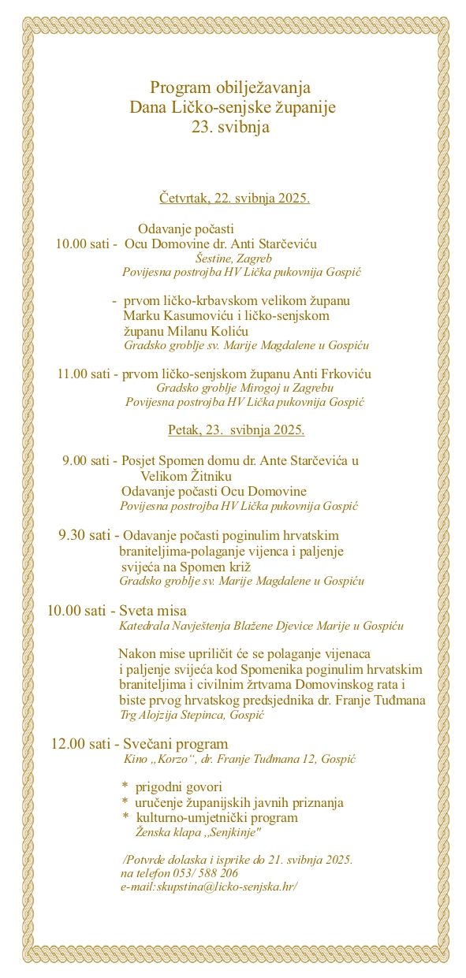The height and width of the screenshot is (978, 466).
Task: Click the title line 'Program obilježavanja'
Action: pos(231,87)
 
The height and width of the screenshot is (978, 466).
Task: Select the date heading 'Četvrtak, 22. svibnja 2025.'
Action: pos(234,197)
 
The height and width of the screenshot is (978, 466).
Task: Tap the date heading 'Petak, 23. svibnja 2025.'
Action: pos(236,430)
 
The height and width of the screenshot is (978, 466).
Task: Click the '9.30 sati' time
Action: pos(84,536)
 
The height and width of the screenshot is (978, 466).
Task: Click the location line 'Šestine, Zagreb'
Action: pos(233,258)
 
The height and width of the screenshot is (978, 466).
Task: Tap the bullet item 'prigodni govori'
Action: pos(178,787)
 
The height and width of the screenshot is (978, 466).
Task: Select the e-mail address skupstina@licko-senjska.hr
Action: pos(213,887)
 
